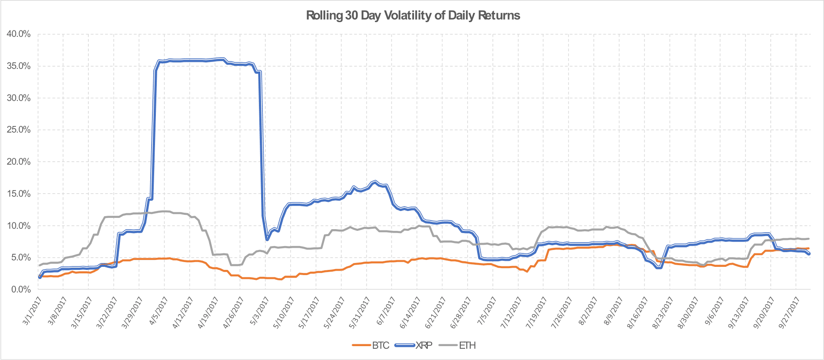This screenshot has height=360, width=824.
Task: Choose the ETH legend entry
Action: pos(467,345)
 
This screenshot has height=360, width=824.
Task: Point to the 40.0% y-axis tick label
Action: pos(19,34)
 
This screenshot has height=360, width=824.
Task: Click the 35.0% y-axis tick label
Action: pos(19,66)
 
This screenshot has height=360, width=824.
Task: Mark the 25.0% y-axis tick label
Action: pos(19,130)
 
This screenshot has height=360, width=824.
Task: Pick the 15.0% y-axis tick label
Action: pos(19,194)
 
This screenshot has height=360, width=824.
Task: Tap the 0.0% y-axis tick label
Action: pos(20,289)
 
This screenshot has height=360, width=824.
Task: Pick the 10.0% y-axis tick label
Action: pos(19,226)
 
